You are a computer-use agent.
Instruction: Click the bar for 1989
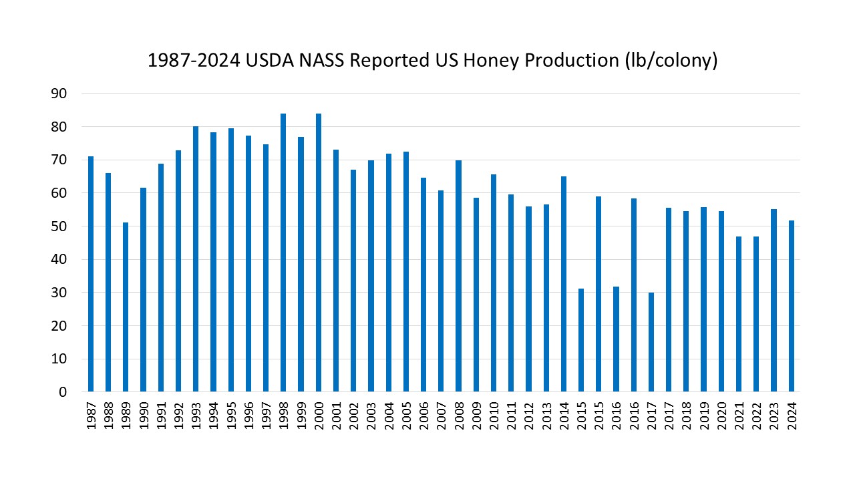click(x=126, y=307)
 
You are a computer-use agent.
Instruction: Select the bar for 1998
click(x=283, y=253)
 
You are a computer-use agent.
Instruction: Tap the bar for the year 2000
click(x=319, y=253)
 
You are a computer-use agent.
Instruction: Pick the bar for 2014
click(x=564, y=284)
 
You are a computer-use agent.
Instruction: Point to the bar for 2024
click(x=792, y=306)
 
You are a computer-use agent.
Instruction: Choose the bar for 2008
click(x=458, y=276)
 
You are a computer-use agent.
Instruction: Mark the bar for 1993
click(x=196, y=259)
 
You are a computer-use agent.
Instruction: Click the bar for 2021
click(x=739, y=314)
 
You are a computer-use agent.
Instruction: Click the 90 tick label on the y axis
click(x=59, y=94)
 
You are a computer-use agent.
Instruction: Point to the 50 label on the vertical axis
click(x=59, y=226)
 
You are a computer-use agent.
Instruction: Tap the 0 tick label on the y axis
click(x=63, y=392)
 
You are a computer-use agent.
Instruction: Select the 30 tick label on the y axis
click(x=59, y=293)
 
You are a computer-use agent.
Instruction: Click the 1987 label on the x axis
click(x=91, y=416)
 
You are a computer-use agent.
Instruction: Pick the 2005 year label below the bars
click(x=407, y=416)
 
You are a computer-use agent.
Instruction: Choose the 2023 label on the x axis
click(x=774, y=416)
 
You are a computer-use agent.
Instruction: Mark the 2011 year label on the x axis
click(x=512, y=416)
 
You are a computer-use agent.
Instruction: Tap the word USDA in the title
click(x=270, y=60)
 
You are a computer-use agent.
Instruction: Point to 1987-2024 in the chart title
click(x=194, y=60)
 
